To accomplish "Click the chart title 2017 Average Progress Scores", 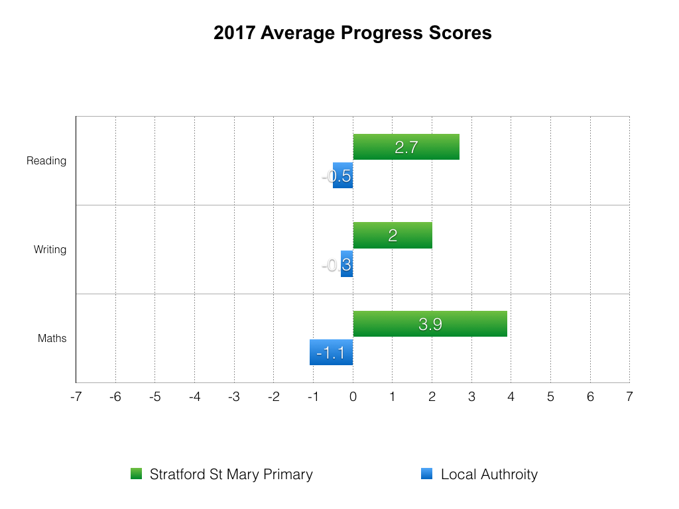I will click(x=352, y=33).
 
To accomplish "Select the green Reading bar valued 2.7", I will click(x=406, y=147).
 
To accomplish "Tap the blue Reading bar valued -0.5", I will click(x=343, y=176).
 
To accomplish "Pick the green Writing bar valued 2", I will click(x=393, y=235).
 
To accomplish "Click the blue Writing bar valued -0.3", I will click(x=347, y=264).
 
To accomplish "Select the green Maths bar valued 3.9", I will click(x=430, y=323).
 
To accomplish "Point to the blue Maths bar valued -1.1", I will click(x=331, y=353).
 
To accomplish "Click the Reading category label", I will click(x=46, y=161).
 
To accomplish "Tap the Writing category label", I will click(x=50, y=250).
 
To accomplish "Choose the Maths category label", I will click(x=52, y=339).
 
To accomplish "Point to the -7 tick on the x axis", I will click(x=76, y=396).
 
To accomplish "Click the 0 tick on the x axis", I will click(x=353, y=396).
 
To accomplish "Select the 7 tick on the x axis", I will click(x=629, y=396).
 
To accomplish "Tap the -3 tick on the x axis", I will click(x=233, y=396).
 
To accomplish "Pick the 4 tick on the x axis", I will click(x=511, y=396).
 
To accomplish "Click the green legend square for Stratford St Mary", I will click(x=137, y=474).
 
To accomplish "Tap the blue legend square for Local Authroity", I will click(x=426, y=474).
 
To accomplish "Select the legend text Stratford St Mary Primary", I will click(x=231, y=475).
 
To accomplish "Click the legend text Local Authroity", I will click(x=489, y=475).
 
